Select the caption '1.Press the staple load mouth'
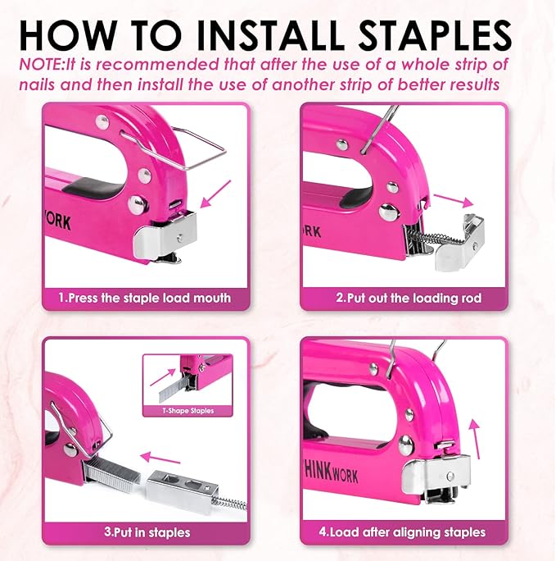click(144, 298)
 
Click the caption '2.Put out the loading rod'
click(409, 298)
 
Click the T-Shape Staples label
click(188, 410)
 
